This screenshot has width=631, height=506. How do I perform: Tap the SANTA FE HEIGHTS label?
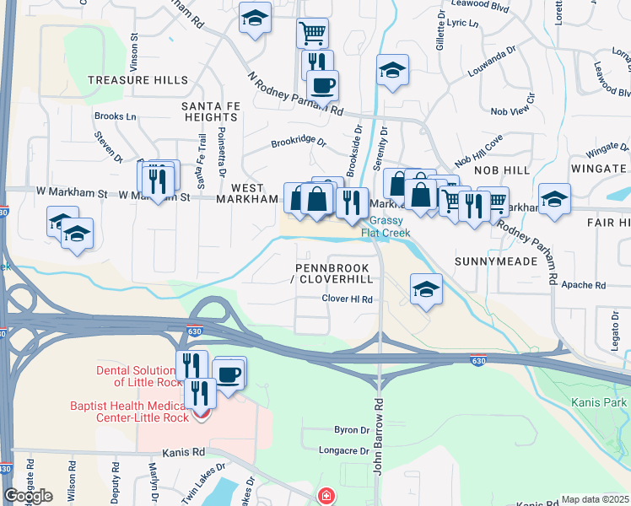click(x=209, y=111)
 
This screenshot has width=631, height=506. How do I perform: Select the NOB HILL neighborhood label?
click(x=501, y=170)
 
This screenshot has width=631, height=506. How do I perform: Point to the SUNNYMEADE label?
click(x=496, y=261)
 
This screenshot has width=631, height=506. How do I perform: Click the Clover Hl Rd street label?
click(x=347, y=299)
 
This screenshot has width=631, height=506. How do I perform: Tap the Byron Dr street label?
click(x=352, y=429)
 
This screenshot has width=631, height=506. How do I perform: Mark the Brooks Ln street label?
click(x=115, y=116)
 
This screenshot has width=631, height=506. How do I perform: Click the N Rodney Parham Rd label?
click(x=295, y=94)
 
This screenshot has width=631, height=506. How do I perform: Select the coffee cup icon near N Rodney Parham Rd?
click(x=321, y=83)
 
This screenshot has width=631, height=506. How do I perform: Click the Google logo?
click(x=29, y=496)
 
